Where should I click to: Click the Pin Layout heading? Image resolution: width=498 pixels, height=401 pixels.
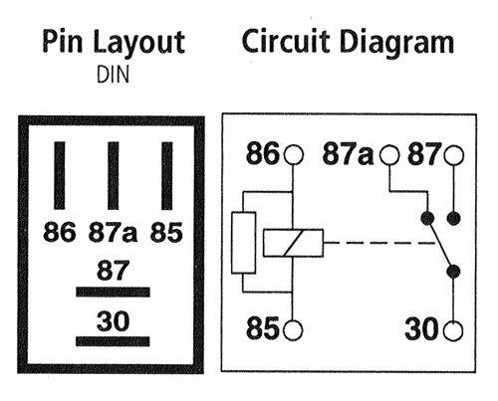[114, 42]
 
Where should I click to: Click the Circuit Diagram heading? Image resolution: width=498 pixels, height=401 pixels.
[348, 42]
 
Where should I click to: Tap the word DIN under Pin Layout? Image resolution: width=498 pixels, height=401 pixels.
[113, 75]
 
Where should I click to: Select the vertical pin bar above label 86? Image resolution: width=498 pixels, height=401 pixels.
[60, 175]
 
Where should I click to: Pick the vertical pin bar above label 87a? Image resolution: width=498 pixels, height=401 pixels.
[114, 175]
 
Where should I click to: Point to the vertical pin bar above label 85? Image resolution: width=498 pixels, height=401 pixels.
[167, 175]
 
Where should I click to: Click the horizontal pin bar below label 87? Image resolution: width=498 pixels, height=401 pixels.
[113, 293]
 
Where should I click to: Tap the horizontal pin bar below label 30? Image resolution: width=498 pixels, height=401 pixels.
[113, 341]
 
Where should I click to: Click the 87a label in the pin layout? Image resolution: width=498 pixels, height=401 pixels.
[113, 232]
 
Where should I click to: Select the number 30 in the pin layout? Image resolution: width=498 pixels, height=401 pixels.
[113, 320]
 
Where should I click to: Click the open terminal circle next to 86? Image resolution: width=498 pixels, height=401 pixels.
[294, 155]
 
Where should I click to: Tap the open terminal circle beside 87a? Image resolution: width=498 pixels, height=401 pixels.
[389, 155]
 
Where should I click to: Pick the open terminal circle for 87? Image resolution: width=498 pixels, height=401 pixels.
[453, 155]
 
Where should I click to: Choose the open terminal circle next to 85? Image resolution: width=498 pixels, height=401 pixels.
[293, 330]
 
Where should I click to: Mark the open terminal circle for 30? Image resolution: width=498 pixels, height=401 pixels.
[453, 330]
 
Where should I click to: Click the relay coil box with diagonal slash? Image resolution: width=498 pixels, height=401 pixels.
[293, 243]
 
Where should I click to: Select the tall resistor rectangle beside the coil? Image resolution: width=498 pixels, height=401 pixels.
[243, 243]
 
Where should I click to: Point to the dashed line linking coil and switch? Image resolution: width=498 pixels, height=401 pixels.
[379, 243]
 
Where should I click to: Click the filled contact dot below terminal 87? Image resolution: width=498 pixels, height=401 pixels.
[453, 218]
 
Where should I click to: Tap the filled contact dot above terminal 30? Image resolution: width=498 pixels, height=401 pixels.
[453, 272]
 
